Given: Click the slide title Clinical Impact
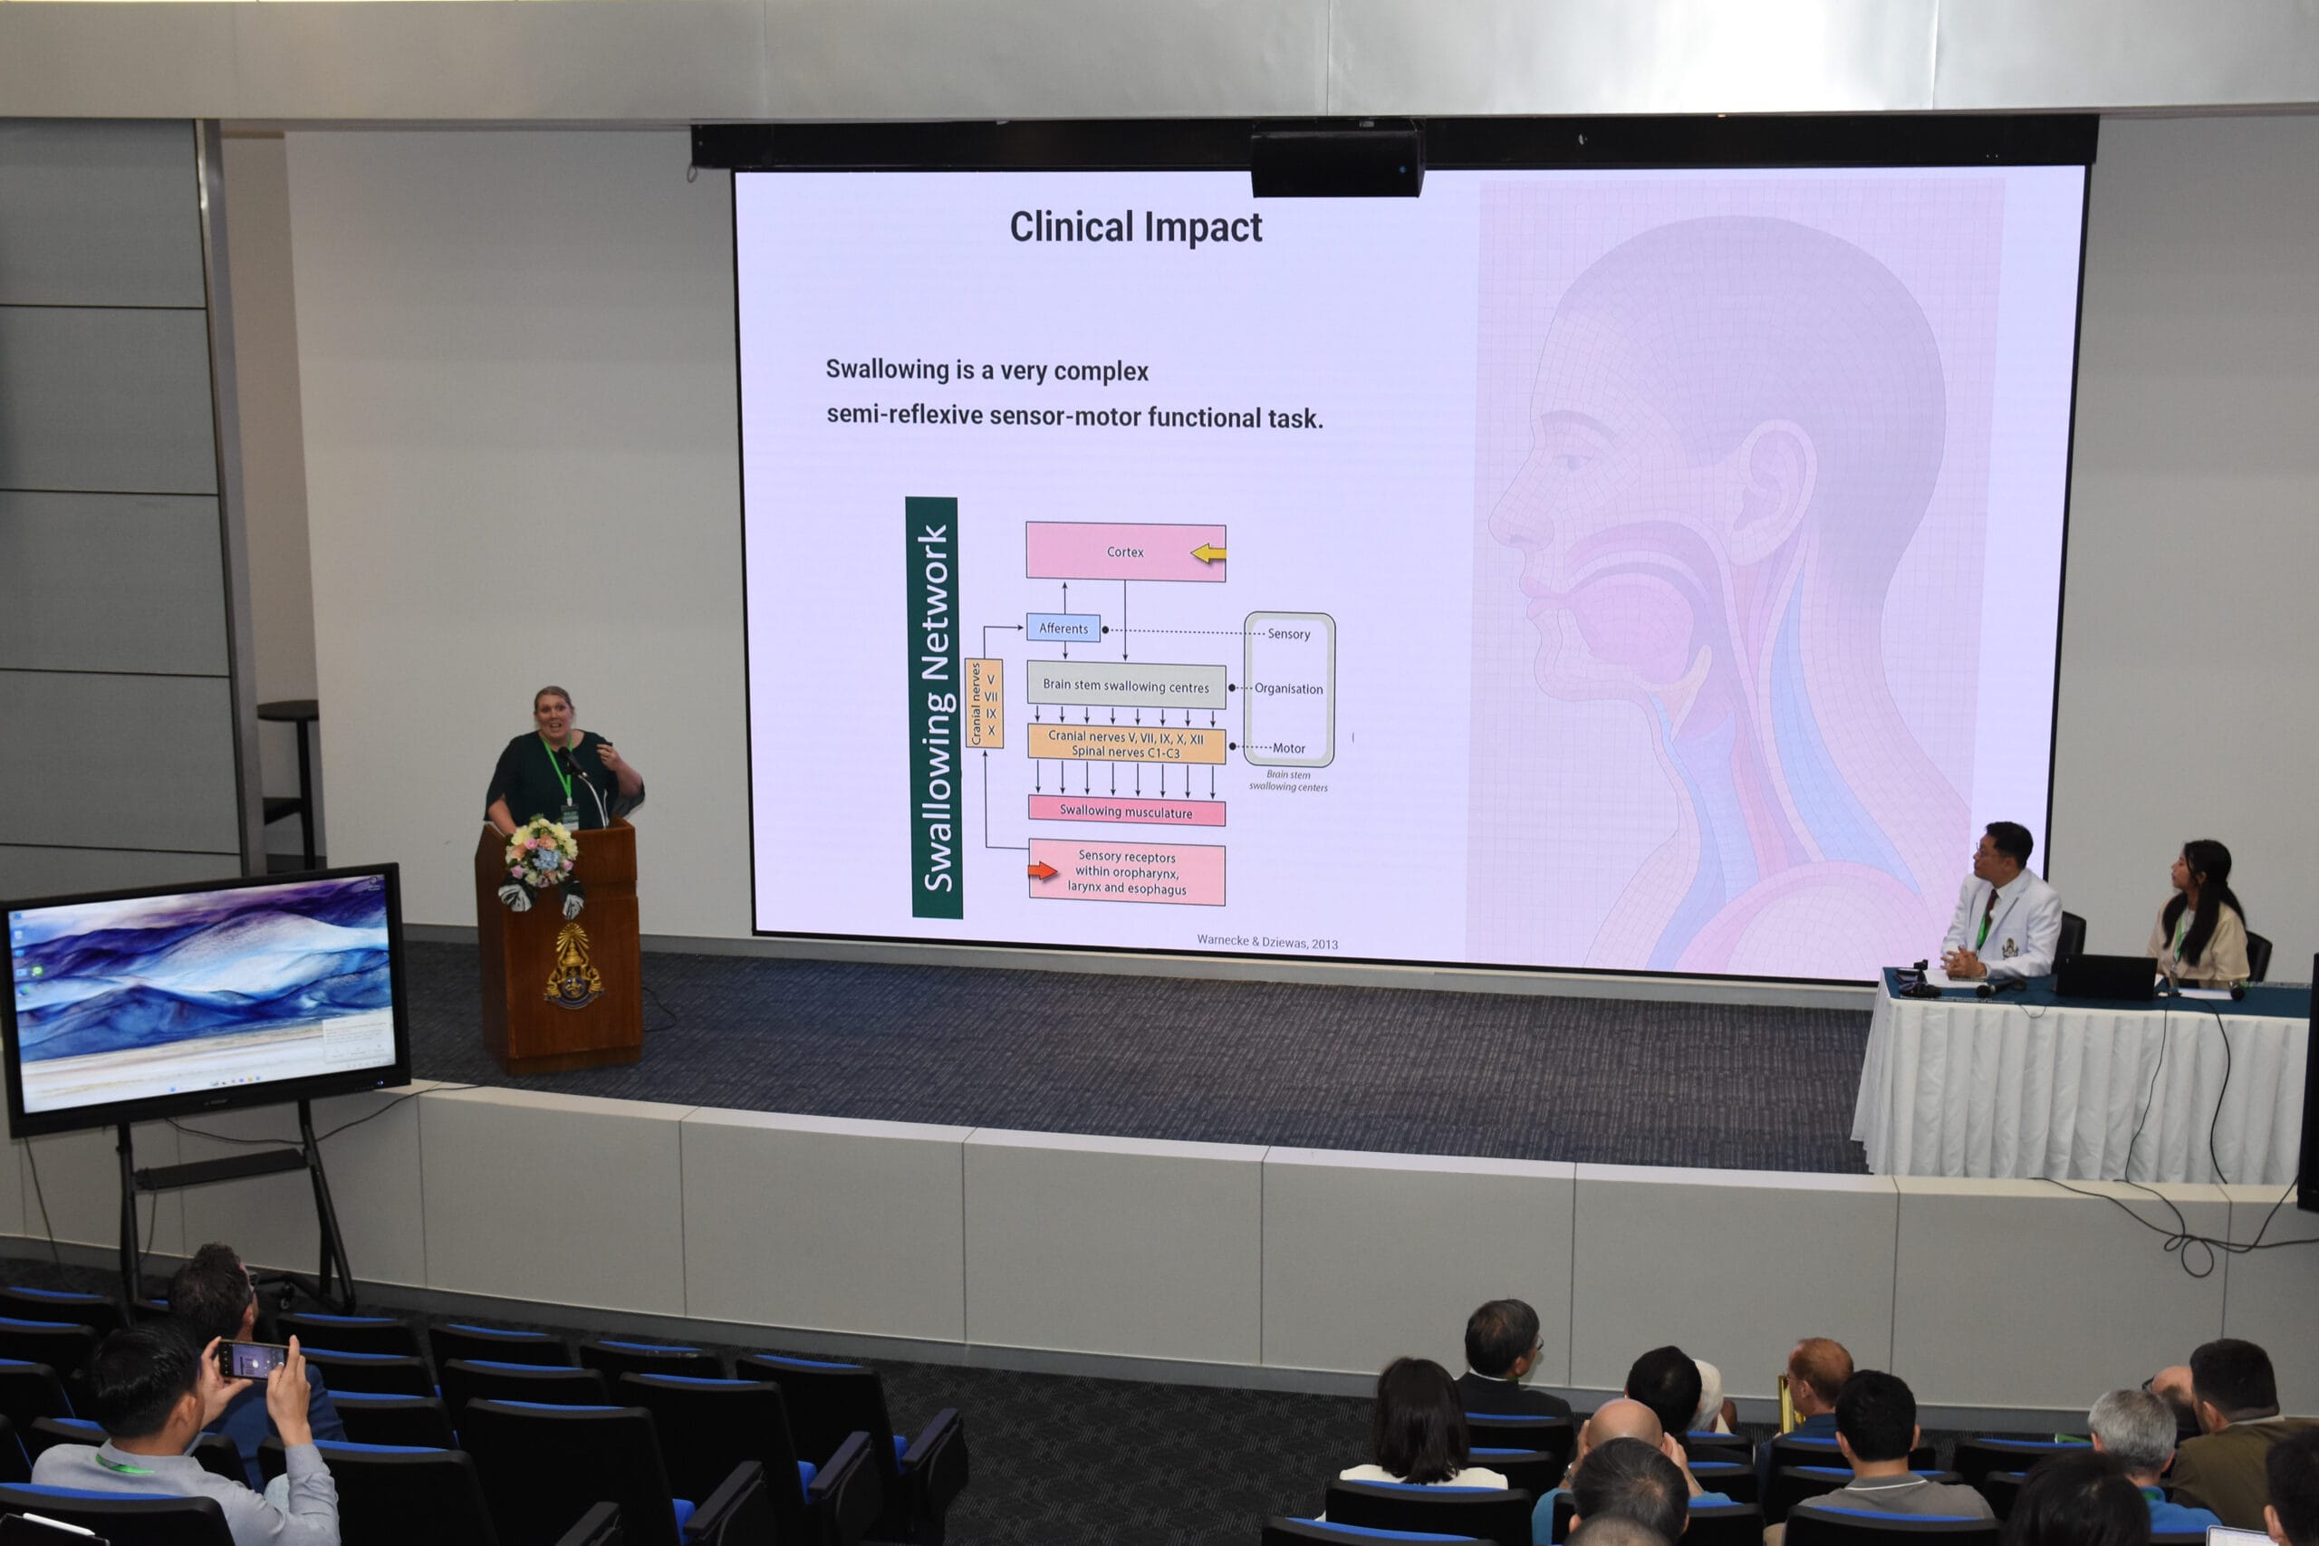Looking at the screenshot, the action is [x=1135, y=226].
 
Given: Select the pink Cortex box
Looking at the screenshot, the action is [x=1125, y=552].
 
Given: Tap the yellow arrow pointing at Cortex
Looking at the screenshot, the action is [x=1208, y=554].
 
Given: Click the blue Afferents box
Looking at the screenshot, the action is [x=1063, y=628].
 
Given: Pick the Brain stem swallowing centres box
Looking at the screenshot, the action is [x=1126, y=686].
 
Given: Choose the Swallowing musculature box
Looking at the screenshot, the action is [x=1126, y=811].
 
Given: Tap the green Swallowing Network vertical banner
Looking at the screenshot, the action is [x=933, y=707].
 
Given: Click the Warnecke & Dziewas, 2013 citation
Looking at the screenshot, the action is [x=1267, y=942].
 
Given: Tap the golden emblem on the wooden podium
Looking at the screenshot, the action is [x=572, y=965].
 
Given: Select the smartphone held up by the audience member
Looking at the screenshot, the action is [x=253, y=1359].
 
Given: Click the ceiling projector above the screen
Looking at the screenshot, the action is [x=1337, y=158].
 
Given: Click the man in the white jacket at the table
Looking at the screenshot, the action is [x=2002, y=904].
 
